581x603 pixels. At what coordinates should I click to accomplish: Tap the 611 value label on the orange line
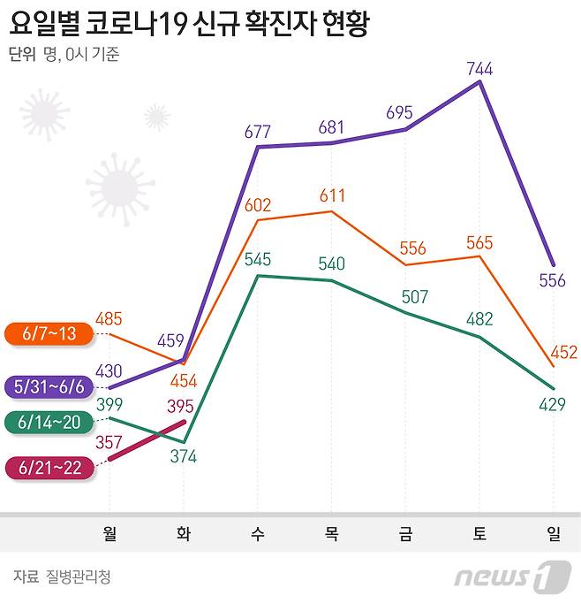click(332, 196)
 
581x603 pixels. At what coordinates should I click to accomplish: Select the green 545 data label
click(258, 260)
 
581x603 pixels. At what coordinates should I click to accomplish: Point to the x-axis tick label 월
click(109, 533)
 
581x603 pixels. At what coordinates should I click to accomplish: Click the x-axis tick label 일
click(554, 533)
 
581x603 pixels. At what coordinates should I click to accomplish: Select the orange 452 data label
click(562, 352)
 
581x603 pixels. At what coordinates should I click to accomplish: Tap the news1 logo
click(508, 576)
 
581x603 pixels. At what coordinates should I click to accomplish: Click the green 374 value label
click(183, 456)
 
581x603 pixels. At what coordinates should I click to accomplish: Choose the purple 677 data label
click(258, 132)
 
